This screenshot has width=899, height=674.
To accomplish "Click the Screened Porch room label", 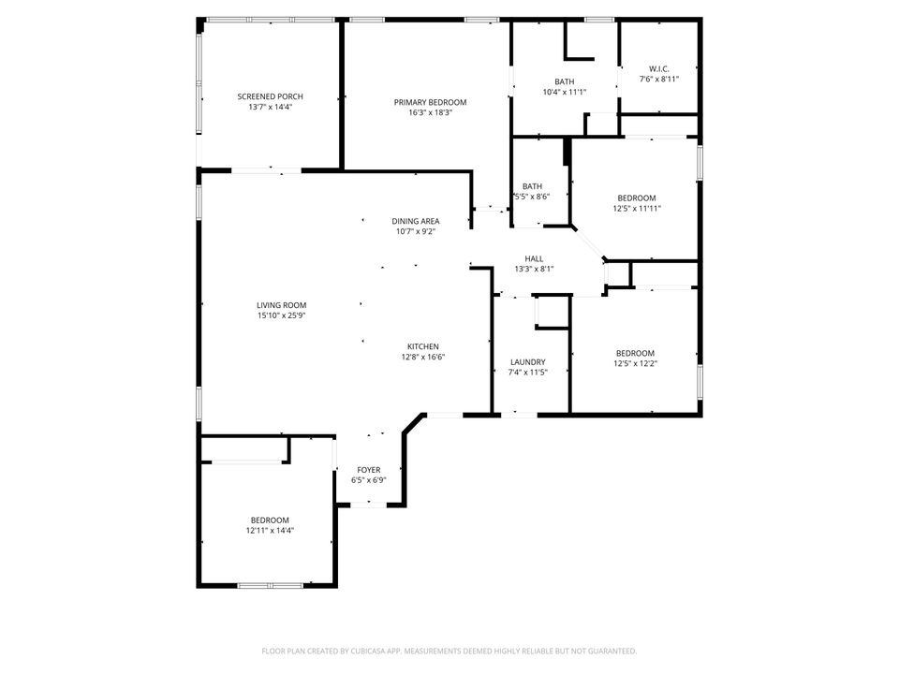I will click(x=270, y=96).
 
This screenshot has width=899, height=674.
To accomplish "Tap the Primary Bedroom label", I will click(x=430, y=102).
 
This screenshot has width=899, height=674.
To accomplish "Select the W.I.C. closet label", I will click(x=658, y=68).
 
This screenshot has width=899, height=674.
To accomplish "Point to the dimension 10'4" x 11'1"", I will click(x=564, y=92).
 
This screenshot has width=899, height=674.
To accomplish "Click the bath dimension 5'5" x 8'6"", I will click(x=531, y=197).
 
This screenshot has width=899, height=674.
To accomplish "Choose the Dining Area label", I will click(x=415, y=221).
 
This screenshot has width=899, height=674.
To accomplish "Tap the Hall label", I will click(x=534, y=258).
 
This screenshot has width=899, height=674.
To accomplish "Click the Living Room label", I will click(x=282, y=305).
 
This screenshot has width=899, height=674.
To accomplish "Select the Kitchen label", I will click(x=422, y=346).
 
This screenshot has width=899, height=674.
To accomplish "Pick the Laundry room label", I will click(x=528, y=362).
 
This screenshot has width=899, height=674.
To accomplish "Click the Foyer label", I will click(x=369, y=470).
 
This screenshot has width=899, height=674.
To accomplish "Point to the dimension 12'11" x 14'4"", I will click(x=269, y=531).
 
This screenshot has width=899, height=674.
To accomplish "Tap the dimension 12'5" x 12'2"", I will click(x=635, y=363).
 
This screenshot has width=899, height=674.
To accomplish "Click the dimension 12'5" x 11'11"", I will click(x=636, y=208).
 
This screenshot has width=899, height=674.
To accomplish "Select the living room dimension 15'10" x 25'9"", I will click(x=282, y=315).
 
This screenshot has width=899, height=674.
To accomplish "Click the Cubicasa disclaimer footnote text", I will click(x=449, y=651).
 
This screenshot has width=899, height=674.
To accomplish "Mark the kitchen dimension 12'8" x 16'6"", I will click(x=422, y=357).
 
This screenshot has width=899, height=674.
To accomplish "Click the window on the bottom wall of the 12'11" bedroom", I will click(x=269, y=585).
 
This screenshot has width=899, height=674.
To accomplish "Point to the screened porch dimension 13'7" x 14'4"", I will click(x=270, y=107).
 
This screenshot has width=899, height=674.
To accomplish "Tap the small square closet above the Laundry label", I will click(x=552, y=312).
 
